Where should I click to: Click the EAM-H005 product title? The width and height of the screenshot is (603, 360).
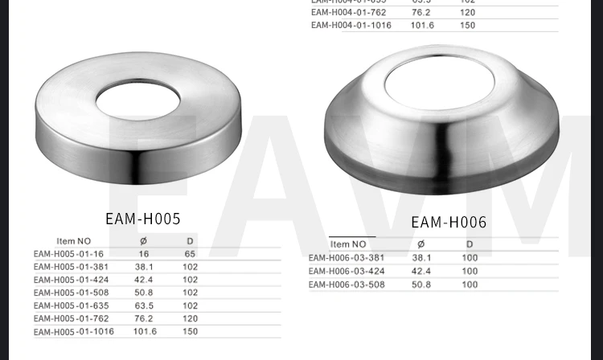click(142, 219)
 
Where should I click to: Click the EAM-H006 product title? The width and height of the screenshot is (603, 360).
click(449, 223)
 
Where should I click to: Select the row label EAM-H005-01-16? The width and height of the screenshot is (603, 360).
click(68, 253)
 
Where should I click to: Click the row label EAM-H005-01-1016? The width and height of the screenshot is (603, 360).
click(73, 331)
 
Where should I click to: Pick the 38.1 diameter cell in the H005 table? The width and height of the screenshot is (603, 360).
click(144, 266)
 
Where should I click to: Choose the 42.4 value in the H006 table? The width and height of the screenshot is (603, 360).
click(422, 271)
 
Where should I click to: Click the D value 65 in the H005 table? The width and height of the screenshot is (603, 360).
click(190, 253)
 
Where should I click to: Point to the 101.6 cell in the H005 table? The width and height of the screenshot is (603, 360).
click(144, 331)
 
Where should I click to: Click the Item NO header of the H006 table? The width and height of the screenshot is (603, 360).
click(348, 244)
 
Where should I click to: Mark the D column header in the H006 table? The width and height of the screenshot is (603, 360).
click(470, 244)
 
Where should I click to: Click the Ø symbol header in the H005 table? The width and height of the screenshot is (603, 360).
click(143, 240)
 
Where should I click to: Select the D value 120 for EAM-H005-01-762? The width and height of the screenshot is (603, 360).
click(190, 318)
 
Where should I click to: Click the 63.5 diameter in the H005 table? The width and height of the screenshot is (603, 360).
click(144, 305)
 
